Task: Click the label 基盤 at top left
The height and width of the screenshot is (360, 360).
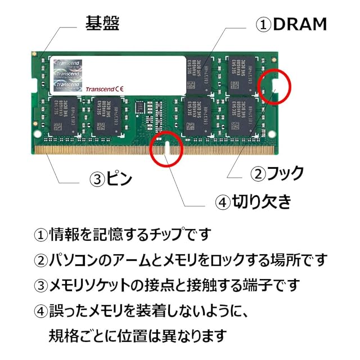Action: point(102,23)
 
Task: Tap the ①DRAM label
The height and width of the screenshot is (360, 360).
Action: point(291,24)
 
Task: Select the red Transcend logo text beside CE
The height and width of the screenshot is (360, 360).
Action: point(100,89)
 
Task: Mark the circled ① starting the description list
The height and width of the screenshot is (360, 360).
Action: point(42,233)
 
